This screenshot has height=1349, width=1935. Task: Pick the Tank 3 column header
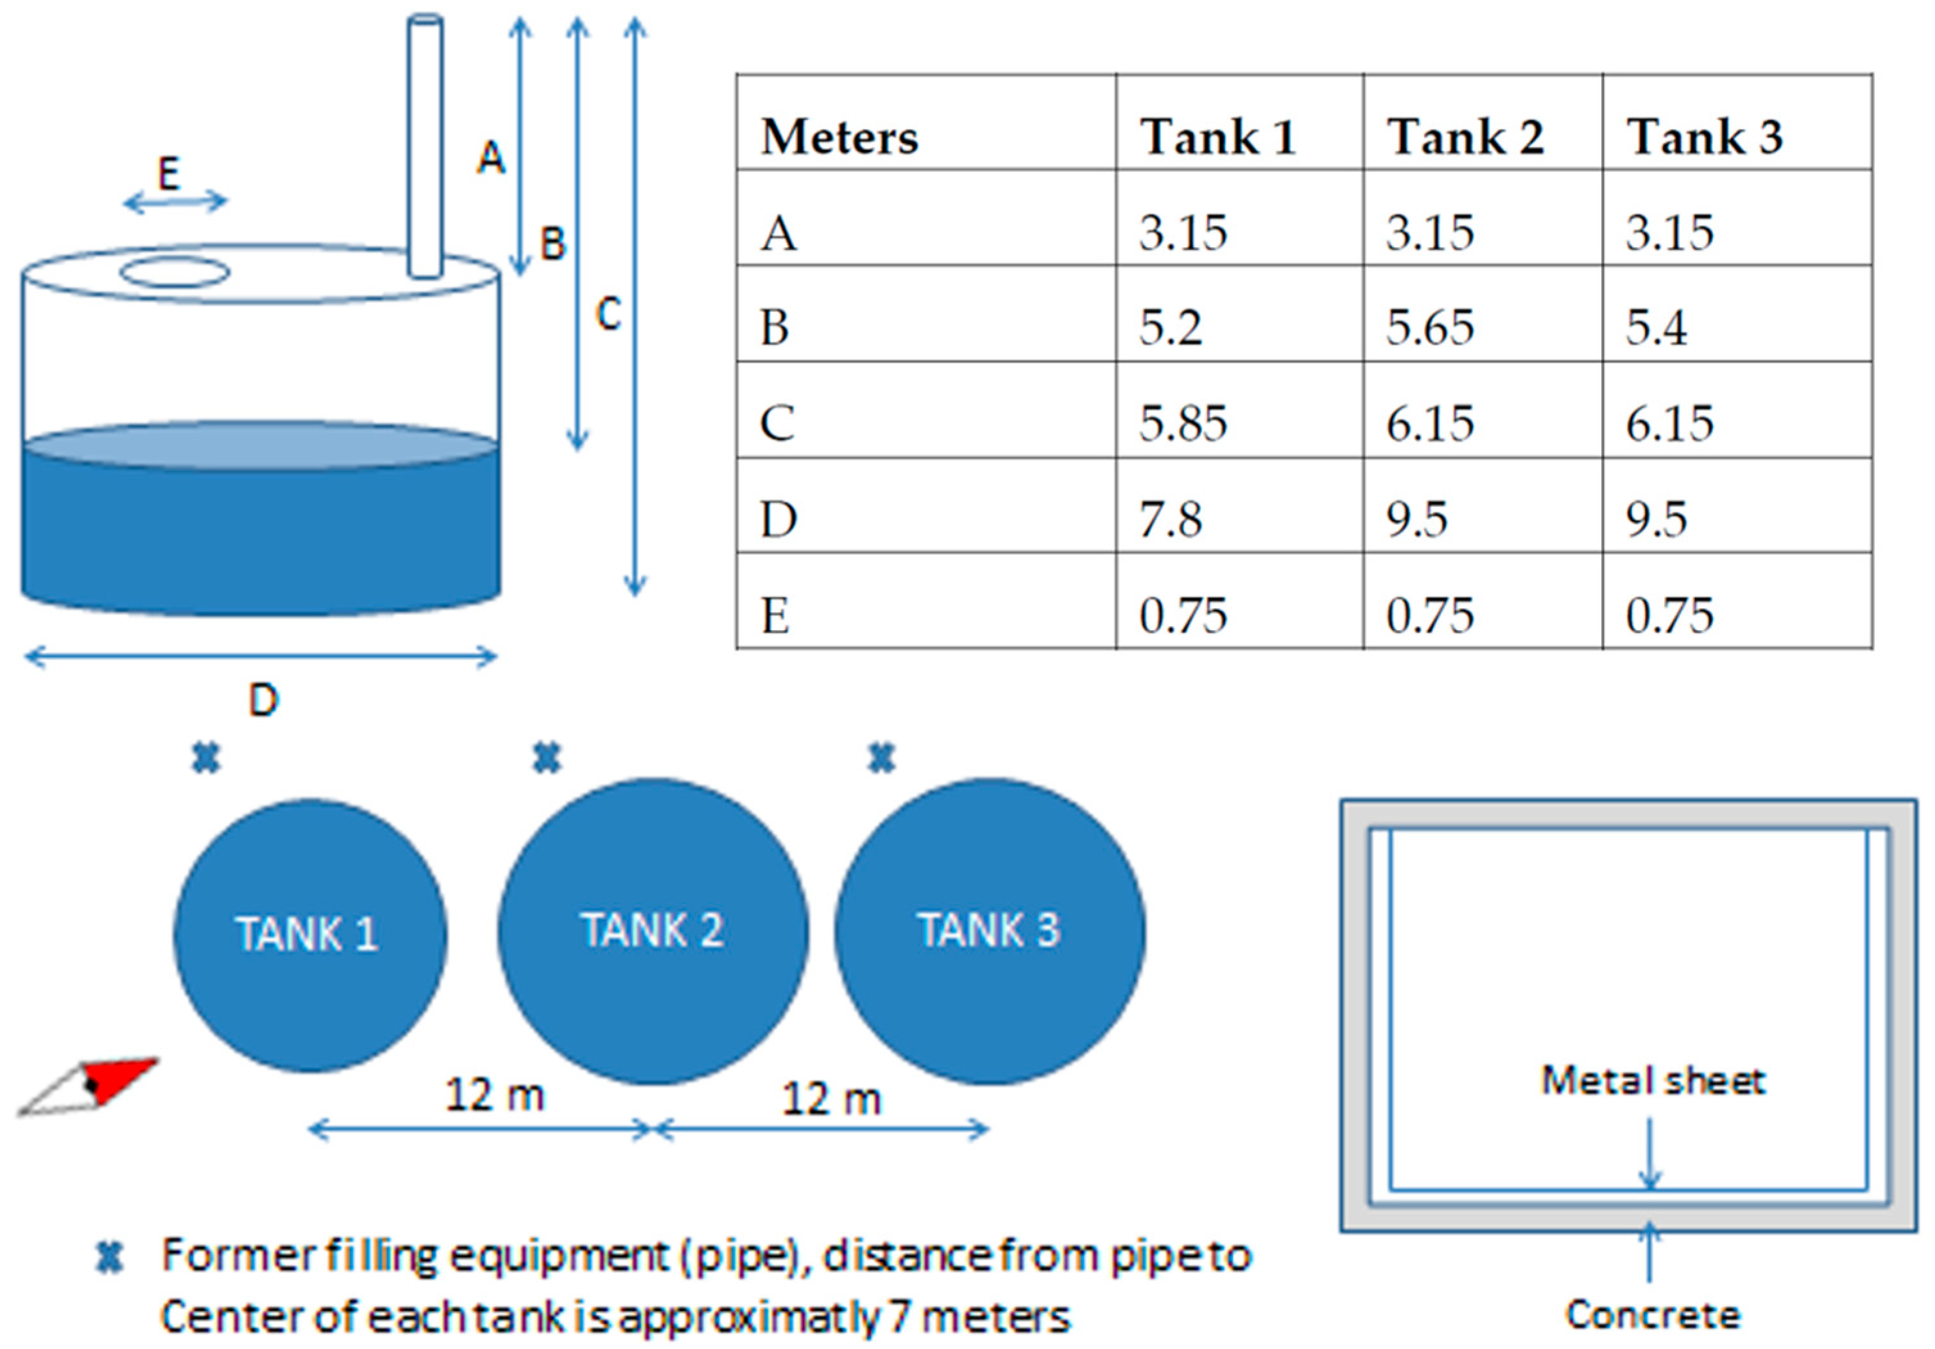click(x=1704, y=137)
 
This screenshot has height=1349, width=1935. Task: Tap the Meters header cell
click(x=839, y=137)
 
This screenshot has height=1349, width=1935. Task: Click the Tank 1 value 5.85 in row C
click(x=1183, y=423)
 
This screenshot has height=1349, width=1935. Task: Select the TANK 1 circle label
click(x=307, y=934)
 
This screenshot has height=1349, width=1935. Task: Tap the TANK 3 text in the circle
click(x=988, y=930)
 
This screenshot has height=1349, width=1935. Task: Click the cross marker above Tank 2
click(x=547, y=759)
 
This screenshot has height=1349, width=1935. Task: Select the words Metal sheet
click(x=1653, y=1081)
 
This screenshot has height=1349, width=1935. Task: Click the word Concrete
click(x=1653, y=1315)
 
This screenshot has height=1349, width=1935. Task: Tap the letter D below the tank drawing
click(x=263, y=700)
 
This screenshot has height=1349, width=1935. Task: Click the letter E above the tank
click(x=169, y=175)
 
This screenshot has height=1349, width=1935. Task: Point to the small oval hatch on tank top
click(x=175, y=272)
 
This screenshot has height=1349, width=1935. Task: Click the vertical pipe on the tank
click(x=425, y=143)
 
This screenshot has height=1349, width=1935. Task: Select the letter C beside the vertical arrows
click(x=608, y=314)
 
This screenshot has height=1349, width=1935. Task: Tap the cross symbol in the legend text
click(x=110, y=1257)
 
